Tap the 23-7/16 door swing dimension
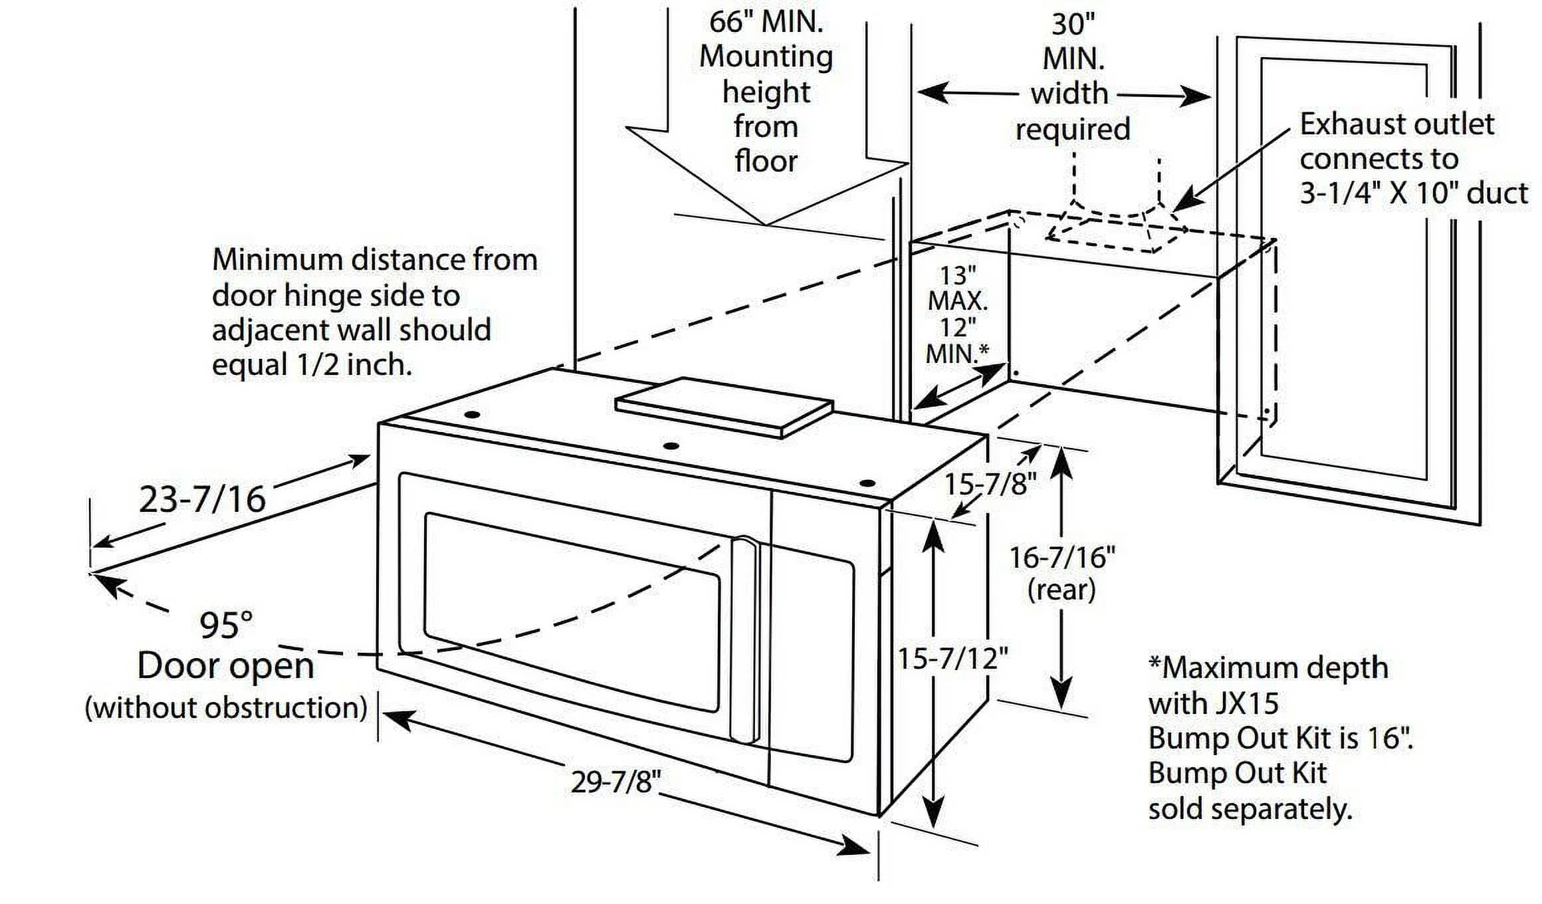[202, 499]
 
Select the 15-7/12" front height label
[952, 659]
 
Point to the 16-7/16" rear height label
[1061, 557]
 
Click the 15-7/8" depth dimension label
[990, 485]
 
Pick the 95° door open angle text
[226, 625]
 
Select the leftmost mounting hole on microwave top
[473, 415]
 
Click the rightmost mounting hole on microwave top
[866, 483]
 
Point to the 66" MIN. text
[766, 22]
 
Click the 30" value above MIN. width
[1073, 25]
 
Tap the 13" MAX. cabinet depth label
[958, 288]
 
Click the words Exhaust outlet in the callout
[1396, 124]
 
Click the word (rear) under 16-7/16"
[1061, 590]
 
